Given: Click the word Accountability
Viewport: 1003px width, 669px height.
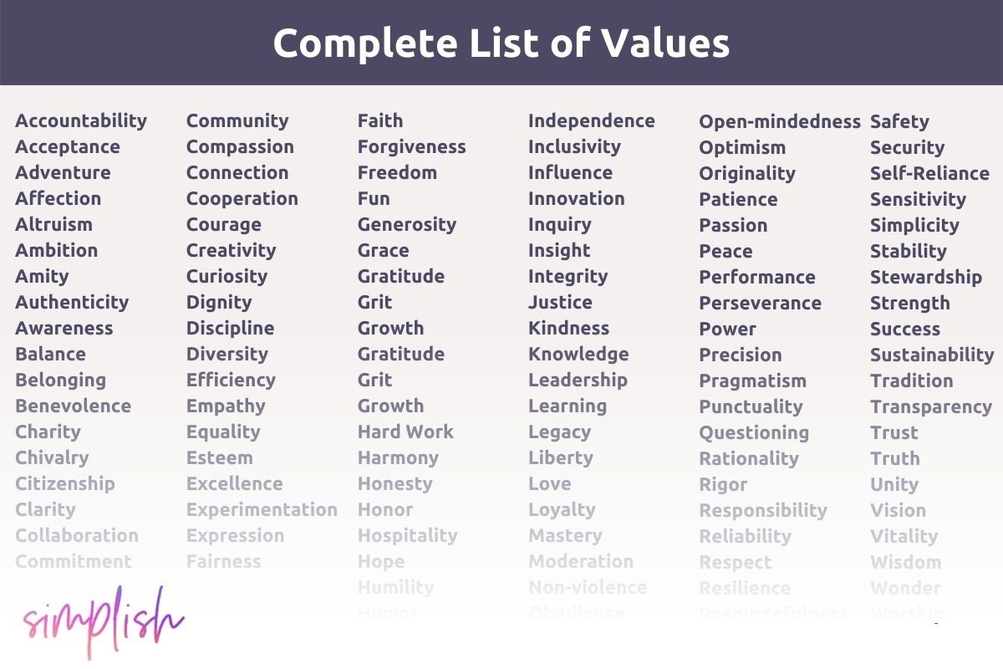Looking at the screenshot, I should point(81,120).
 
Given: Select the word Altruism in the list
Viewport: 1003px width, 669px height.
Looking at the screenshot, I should point(53,224).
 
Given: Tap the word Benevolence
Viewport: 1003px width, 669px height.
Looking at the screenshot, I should point(73,406).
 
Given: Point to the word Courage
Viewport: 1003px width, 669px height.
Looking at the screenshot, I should point(223,224).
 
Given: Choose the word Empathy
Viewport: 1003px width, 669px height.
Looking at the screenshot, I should point(226,406).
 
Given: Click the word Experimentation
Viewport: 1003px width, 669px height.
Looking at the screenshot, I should point(262,509).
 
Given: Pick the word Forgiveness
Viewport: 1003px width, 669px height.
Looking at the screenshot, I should point(411,146).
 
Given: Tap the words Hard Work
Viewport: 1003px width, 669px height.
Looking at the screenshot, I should point(405,432).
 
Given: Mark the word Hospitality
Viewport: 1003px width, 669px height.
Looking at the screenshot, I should point(407,535).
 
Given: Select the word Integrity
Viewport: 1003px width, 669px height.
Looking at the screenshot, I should point(568,276).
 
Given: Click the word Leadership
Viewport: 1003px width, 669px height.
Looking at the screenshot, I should point(578,380).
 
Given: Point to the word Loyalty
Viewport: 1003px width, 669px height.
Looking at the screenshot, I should point(562,509).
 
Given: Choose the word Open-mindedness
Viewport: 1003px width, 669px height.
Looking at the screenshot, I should point(779,121).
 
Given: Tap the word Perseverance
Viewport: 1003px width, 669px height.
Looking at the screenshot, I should point(760,303).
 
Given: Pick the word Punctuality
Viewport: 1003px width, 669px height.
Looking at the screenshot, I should point(751,406).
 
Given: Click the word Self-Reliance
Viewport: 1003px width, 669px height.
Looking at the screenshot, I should point(929,173).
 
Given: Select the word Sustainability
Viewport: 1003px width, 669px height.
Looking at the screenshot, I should point(932,355).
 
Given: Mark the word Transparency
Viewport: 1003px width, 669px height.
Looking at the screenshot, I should point(930,406).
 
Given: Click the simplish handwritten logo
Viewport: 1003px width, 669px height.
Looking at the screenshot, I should point(103,620).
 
